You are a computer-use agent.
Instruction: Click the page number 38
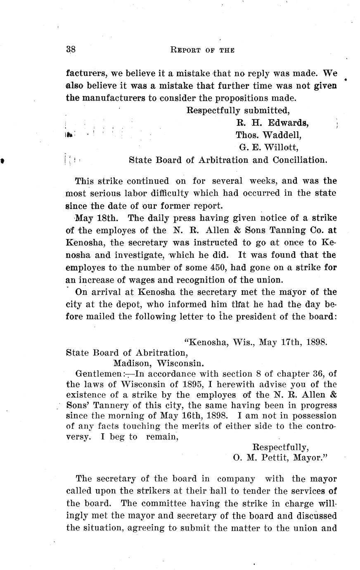coord(70,50)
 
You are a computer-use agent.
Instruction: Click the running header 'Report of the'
coord(202,50)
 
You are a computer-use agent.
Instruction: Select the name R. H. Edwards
coord(272,123)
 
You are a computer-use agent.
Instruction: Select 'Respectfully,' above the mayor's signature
coord(280,447)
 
